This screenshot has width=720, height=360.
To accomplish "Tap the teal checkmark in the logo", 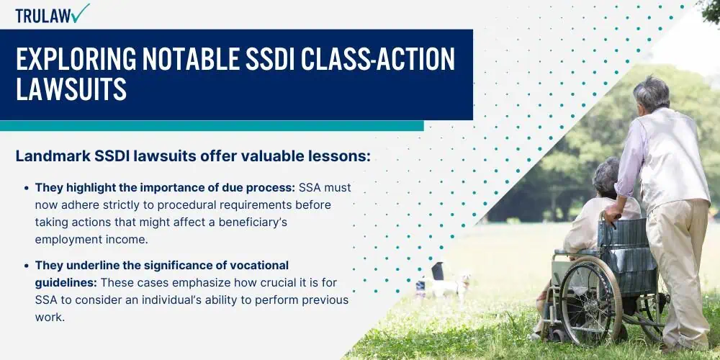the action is [x=81, y=13].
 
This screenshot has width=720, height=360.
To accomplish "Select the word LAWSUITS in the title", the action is [x=71, y=89].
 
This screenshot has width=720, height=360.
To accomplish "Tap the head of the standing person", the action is [x=651, y=93].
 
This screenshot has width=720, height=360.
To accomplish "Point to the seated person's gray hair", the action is [x=607, y=175].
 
